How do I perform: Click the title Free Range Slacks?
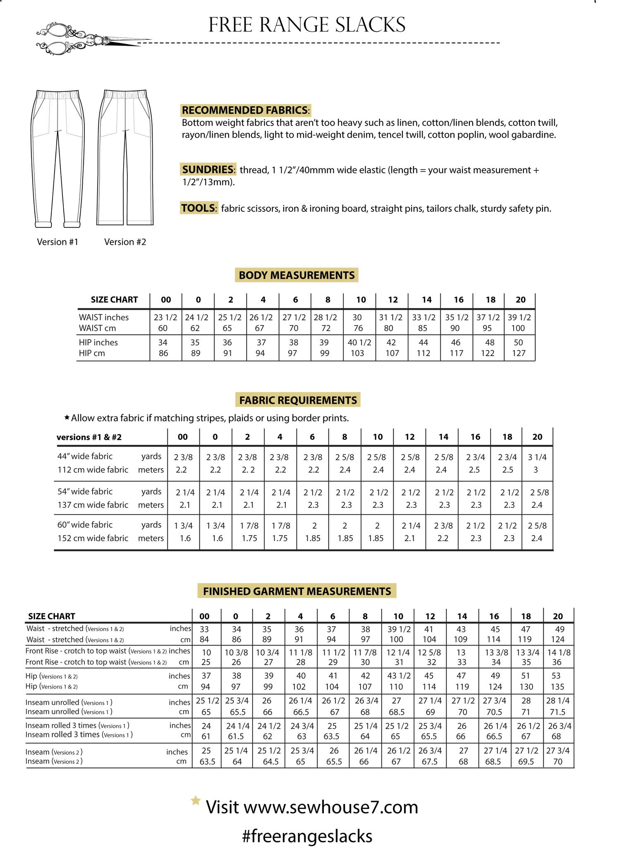tap(307, 25)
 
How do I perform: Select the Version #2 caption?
tap(125, 242)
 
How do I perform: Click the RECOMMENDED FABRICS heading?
tap(245, 110)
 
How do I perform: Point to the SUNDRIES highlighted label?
tap(208, 170)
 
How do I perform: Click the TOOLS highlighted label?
tap(199, 208)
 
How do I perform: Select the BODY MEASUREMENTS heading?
tap(297, 275)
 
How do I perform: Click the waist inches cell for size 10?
tap(357, 317)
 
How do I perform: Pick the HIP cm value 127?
tap(518, 353)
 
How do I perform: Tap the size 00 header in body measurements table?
tap(165, 300)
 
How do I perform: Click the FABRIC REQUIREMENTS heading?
tap(298, 400)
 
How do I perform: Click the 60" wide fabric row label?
tap(85, 525)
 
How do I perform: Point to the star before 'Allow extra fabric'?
tap(67, 418)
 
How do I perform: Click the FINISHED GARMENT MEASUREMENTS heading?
tap(297, 591)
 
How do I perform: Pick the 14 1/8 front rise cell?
tap(559, 652)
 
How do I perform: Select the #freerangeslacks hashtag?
tap(307, 836)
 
